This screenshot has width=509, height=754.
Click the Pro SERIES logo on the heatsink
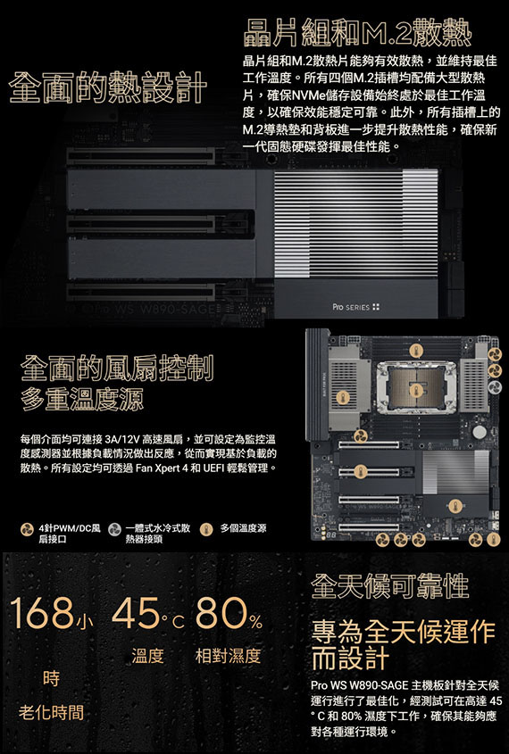click(356, 307)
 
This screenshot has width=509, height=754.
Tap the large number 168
click(42, 613)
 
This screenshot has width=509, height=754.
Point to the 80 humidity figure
click(221, 613)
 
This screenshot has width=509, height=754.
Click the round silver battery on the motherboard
click(480, 432)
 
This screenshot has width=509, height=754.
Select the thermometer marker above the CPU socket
click(416, 350)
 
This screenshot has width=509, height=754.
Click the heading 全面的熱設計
click(108, 87)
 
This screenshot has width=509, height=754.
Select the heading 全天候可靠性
click(389, 585)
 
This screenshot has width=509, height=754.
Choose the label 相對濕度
click(228, 656)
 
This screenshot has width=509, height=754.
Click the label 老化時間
click(51, 712)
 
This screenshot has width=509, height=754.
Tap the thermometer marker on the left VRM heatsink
click(343, 397)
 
